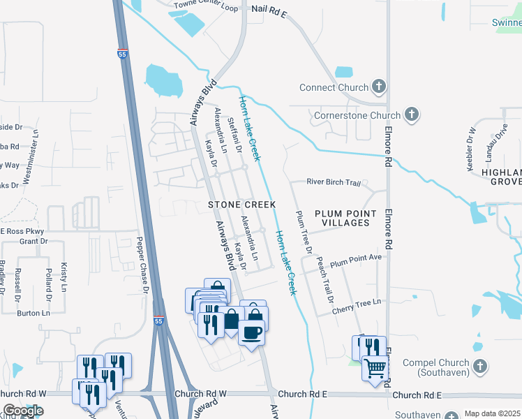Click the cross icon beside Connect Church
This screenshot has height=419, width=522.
(379, 87)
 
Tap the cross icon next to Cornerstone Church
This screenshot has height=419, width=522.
(412, 114)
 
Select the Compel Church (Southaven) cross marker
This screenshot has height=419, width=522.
(479, 366)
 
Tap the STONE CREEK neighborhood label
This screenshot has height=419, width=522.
(241, 205)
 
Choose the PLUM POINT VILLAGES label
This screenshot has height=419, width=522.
(345, 218)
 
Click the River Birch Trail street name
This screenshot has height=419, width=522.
(334, 183)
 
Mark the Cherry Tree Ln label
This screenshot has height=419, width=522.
(357, 302)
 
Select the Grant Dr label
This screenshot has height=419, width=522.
(33, 242)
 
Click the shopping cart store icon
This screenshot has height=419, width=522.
(375, 367)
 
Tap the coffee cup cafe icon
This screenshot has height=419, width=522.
(252, 332)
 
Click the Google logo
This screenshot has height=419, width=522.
(23, 411)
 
